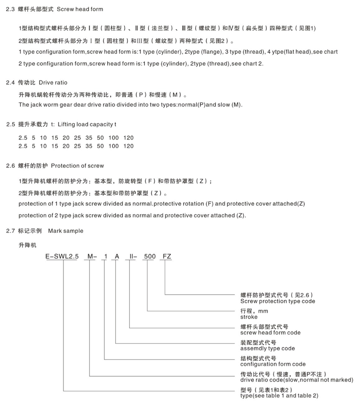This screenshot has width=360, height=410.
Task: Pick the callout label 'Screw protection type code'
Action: [x=278, y=301]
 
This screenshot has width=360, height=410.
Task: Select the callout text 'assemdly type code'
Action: [x=268, y=348]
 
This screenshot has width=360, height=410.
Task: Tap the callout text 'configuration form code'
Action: [x=273, y=364]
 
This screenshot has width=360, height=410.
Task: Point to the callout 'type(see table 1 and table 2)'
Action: [x=279, y=396]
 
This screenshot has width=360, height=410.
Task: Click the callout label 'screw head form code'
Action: [x=270, y=333]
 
